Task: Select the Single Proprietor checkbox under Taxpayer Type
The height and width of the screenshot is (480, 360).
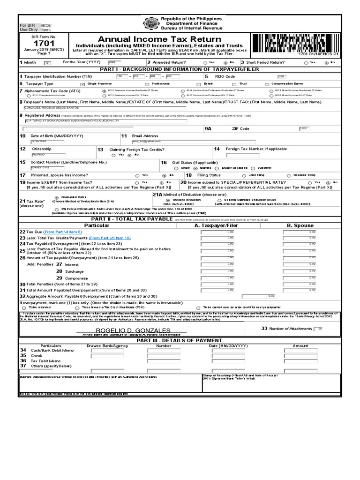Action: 82,83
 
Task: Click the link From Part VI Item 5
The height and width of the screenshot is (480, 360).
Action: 62,232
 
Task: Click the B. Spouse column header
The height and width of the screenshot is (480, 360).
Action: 300,225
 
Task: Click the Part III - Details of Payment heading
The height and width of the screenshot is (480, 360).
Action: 180,340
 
